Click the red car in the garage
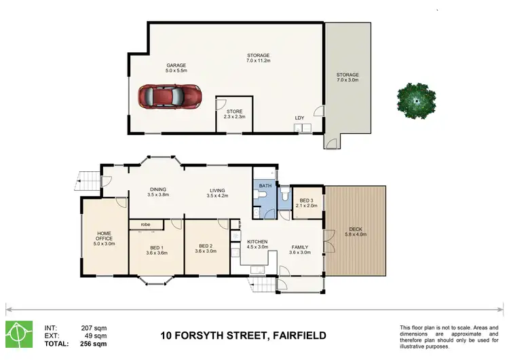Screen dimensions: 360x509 coord(170,97)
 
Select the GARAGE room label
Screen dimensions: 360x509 coord(157,66)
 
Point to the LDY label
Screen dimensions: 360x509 coord(299,118)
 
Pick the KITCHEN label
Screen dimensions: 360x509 coord(257,242)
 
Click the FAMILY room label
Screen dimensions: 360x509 coord(300,247)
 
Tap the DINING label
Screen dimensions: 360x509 coord(157,190)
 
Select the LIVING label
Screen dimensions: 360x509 coord(217,190)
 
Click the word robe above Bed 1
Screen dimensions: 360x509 coord(145,224)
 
